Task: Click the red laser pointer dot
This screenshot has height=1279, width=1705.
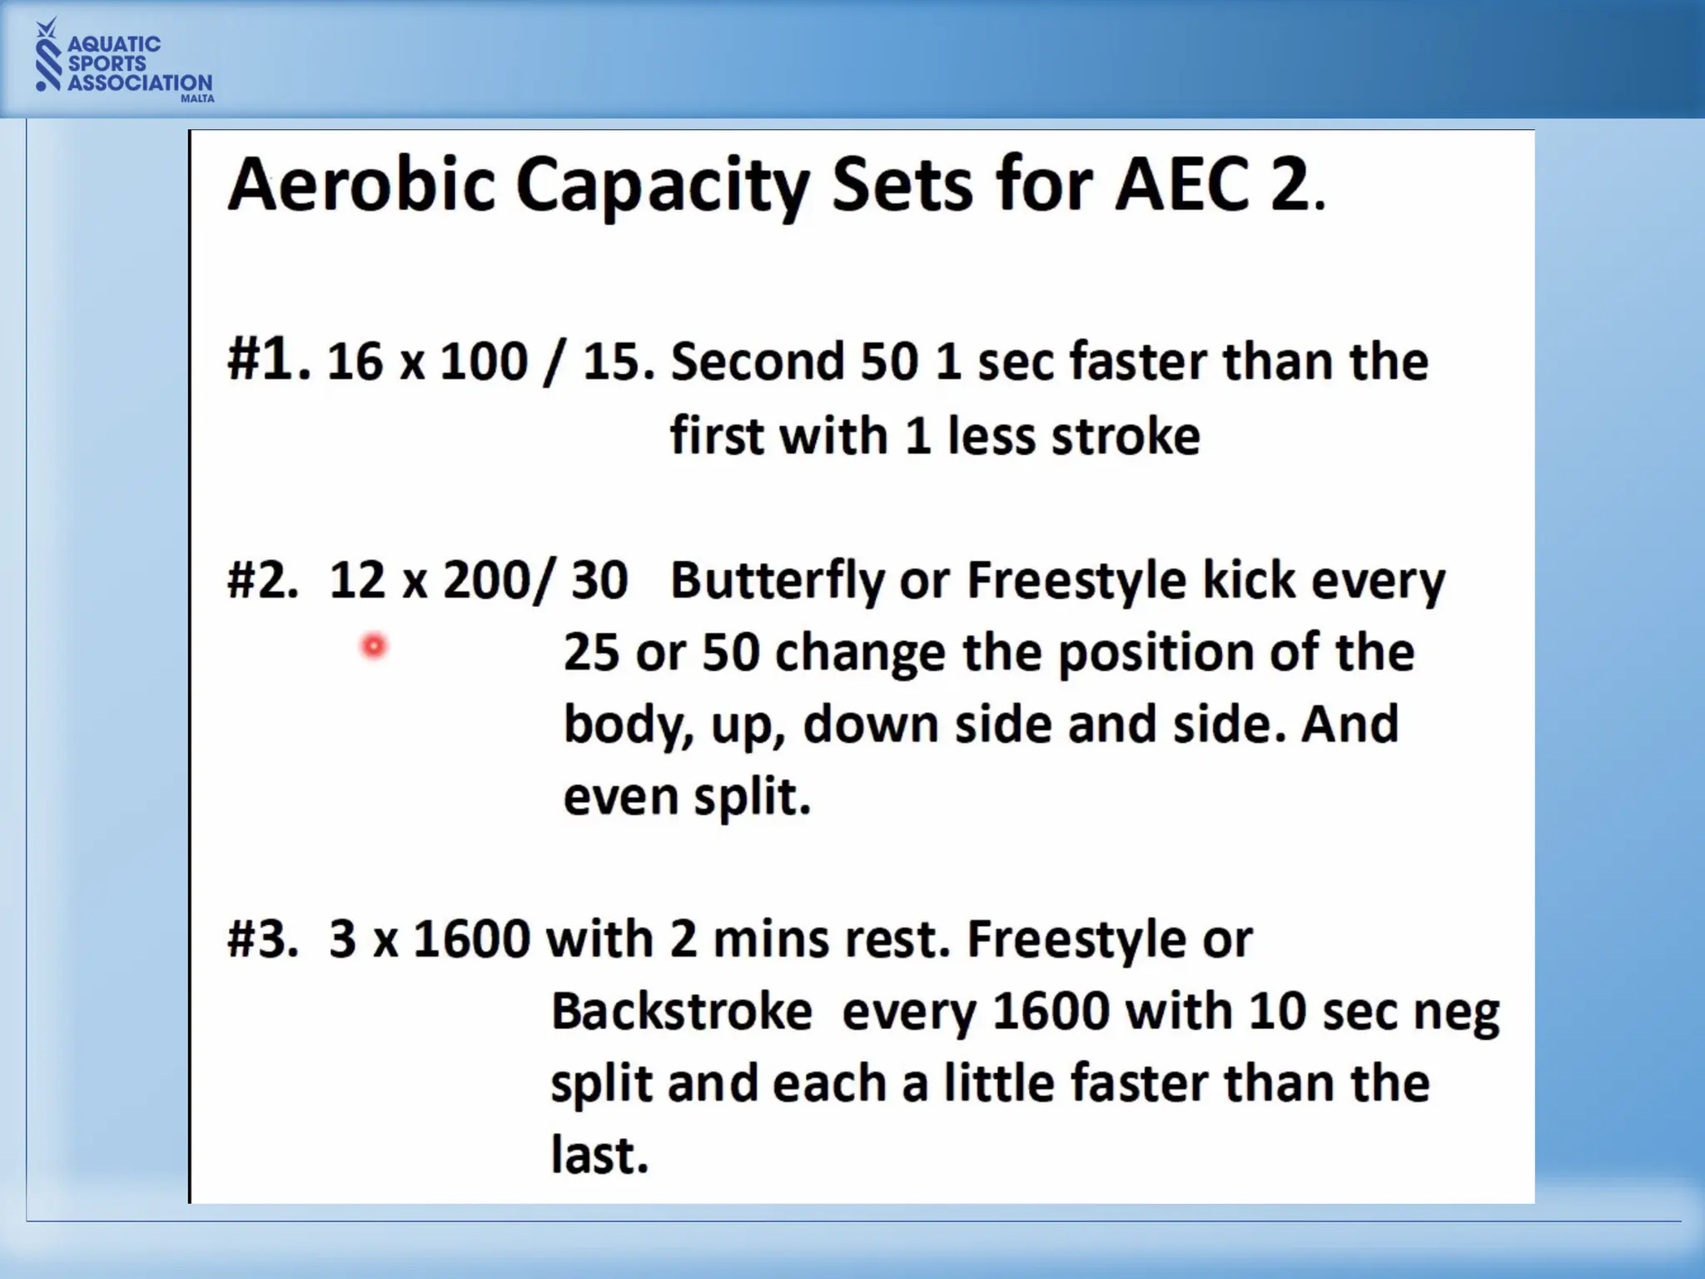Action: click(x=374, y=646)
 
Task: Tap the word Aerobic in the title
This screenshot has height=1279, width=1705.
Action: click(x=361, y=185)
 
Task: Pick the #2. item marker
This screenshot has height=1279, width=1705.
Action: click(x=262, y=580)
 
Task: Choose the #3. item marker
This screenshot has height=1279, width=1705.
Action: click(x=262, y=939)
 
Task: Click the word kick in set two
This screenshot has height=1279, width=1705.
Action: click(x=1249, y=580)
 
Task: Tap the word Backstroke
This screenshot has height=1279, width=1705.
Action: click(x=681, y=1013)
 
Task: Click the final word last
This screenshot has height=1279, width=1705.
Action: click(x=598, y=1156)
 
